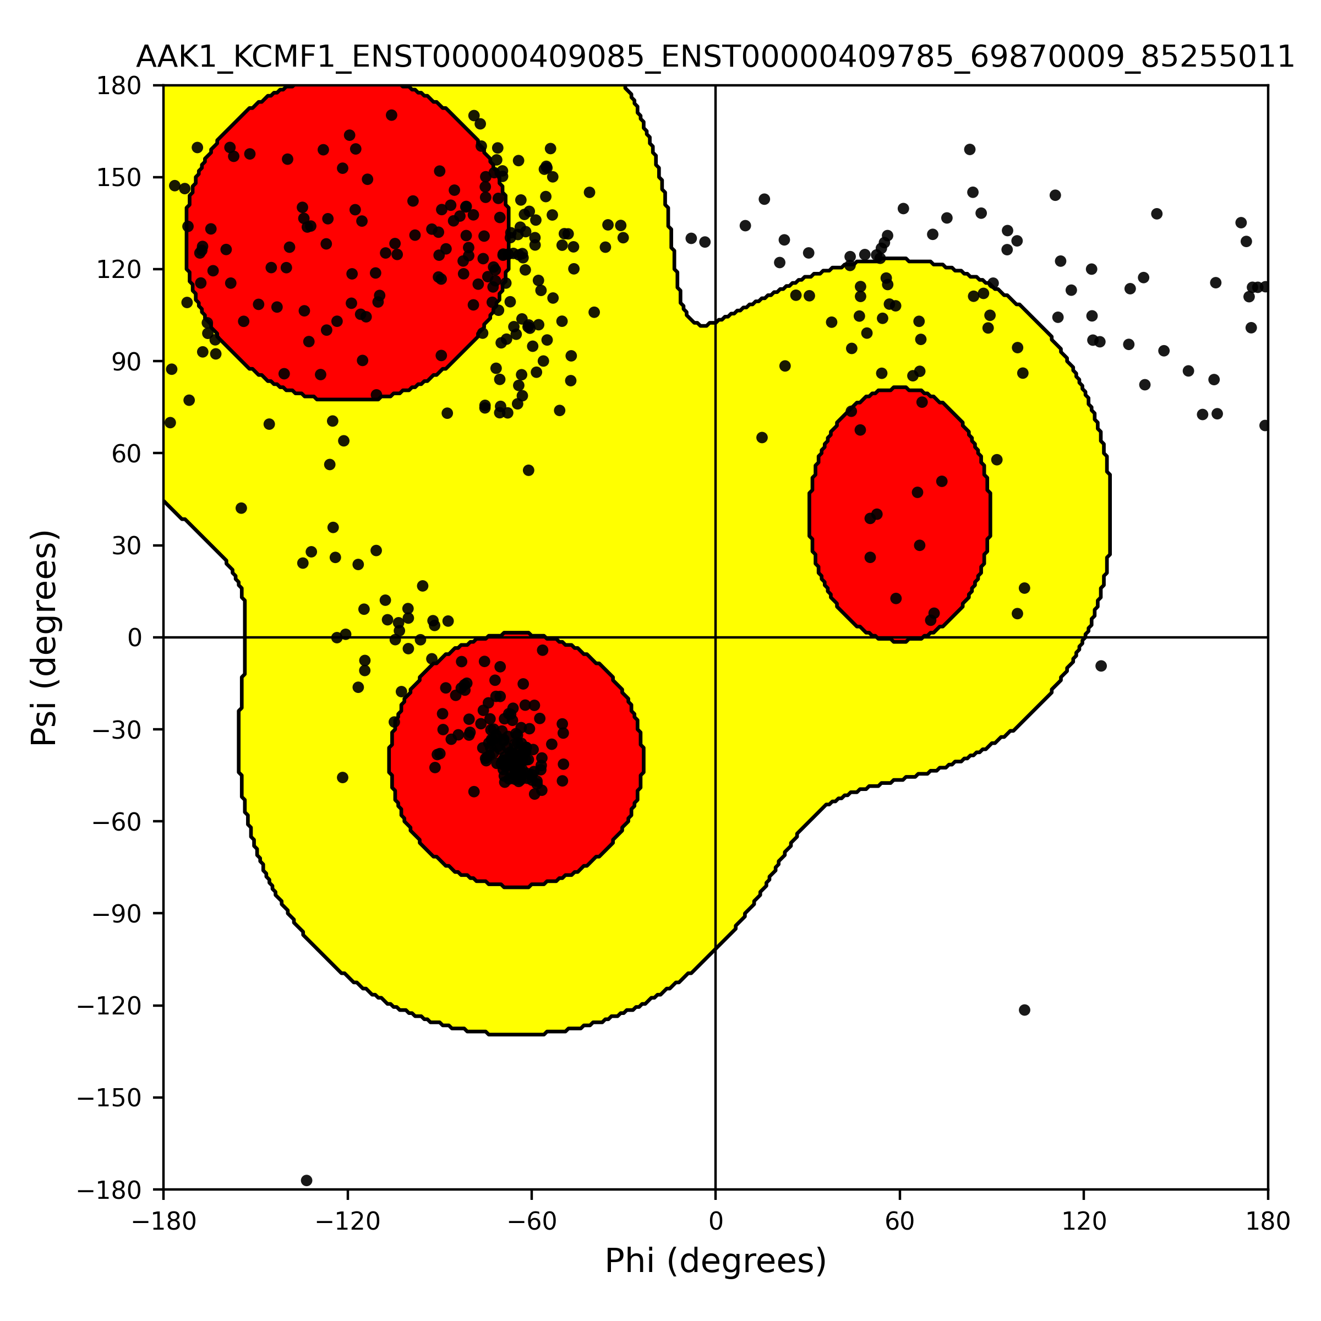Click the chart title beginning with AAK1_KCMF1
[x=715, y=57]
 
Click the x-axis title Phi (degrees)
[x=715, y=1261]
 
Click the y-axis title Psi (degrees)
[x=45, y=637]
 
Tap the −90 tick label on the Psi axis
[x=110, y=914]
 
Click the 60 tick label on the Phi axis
[x=900, y=1221]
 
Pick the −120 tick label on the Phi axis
[x=347, y=1221]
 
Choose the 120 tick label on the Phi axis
[x=1084, y=1221]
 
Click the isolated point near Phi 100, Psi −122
[x=1024, y=1010]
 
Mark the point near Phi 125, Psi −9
[x=1101, y=666]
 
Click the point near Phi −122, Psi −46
[x=342, y=777]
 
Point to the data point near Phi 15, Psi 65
[x=762, y=438]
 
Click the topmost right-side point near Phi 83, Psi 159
[x=969, y=149]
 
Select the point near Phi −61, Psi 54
[x=528, y=471]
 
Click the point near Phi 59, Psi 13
[x=896, y=598]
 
